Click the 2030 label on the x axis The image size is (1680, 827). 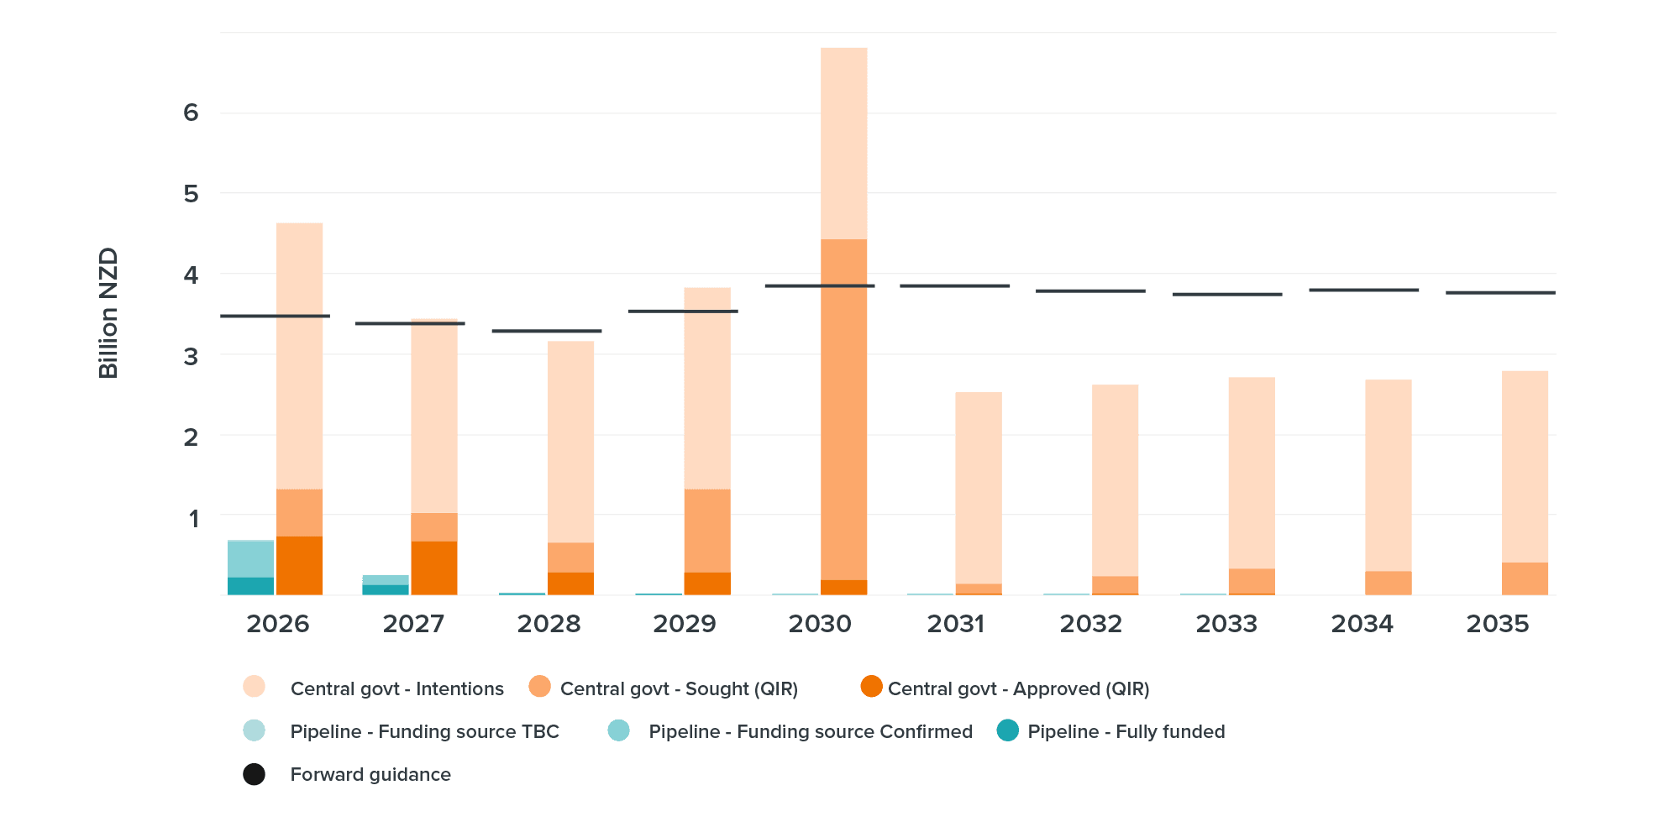(820, 624)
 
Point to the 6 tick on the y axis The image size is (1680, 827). (192, 113)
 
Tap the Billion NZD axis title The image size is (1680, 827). (108, 312)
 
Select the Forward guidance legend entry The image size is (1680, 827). (370, 774)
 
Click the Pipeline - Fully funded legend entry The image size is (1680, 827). (1126, 731)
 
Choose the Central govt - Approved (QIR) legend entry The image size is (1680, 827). (1018, 688)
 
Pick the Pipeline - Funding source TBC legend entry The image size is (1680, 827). (423, 731)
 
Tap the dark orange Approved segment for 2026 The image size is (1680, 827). (299, 565)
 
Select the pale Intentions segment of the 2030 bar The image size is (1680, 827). (843, 143)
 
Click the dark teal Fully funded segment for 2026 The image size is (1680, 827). (250, 586)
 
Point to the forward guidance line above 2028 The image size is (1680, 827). (546, 331)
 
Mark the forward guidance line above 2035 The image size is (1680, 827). (1500, 292)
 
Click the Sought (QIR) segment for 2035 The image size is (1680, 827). (1525, 578)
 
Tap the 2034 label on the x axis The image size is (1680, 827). (1362, 624)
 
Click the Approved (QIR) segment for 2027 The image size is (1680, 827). (434, 568)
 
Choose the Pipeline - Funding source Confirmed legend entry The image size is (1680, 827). (809, 731)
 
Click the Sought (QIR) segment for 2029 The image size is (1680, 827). (706, 530)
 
